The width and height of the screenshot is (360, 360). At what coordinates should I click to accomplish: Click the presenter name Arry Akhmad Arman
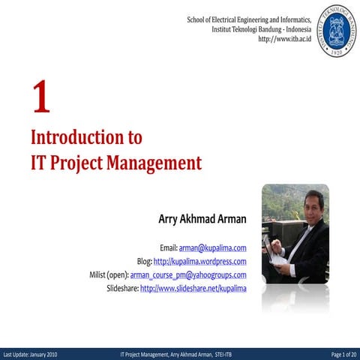(202, 220)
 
